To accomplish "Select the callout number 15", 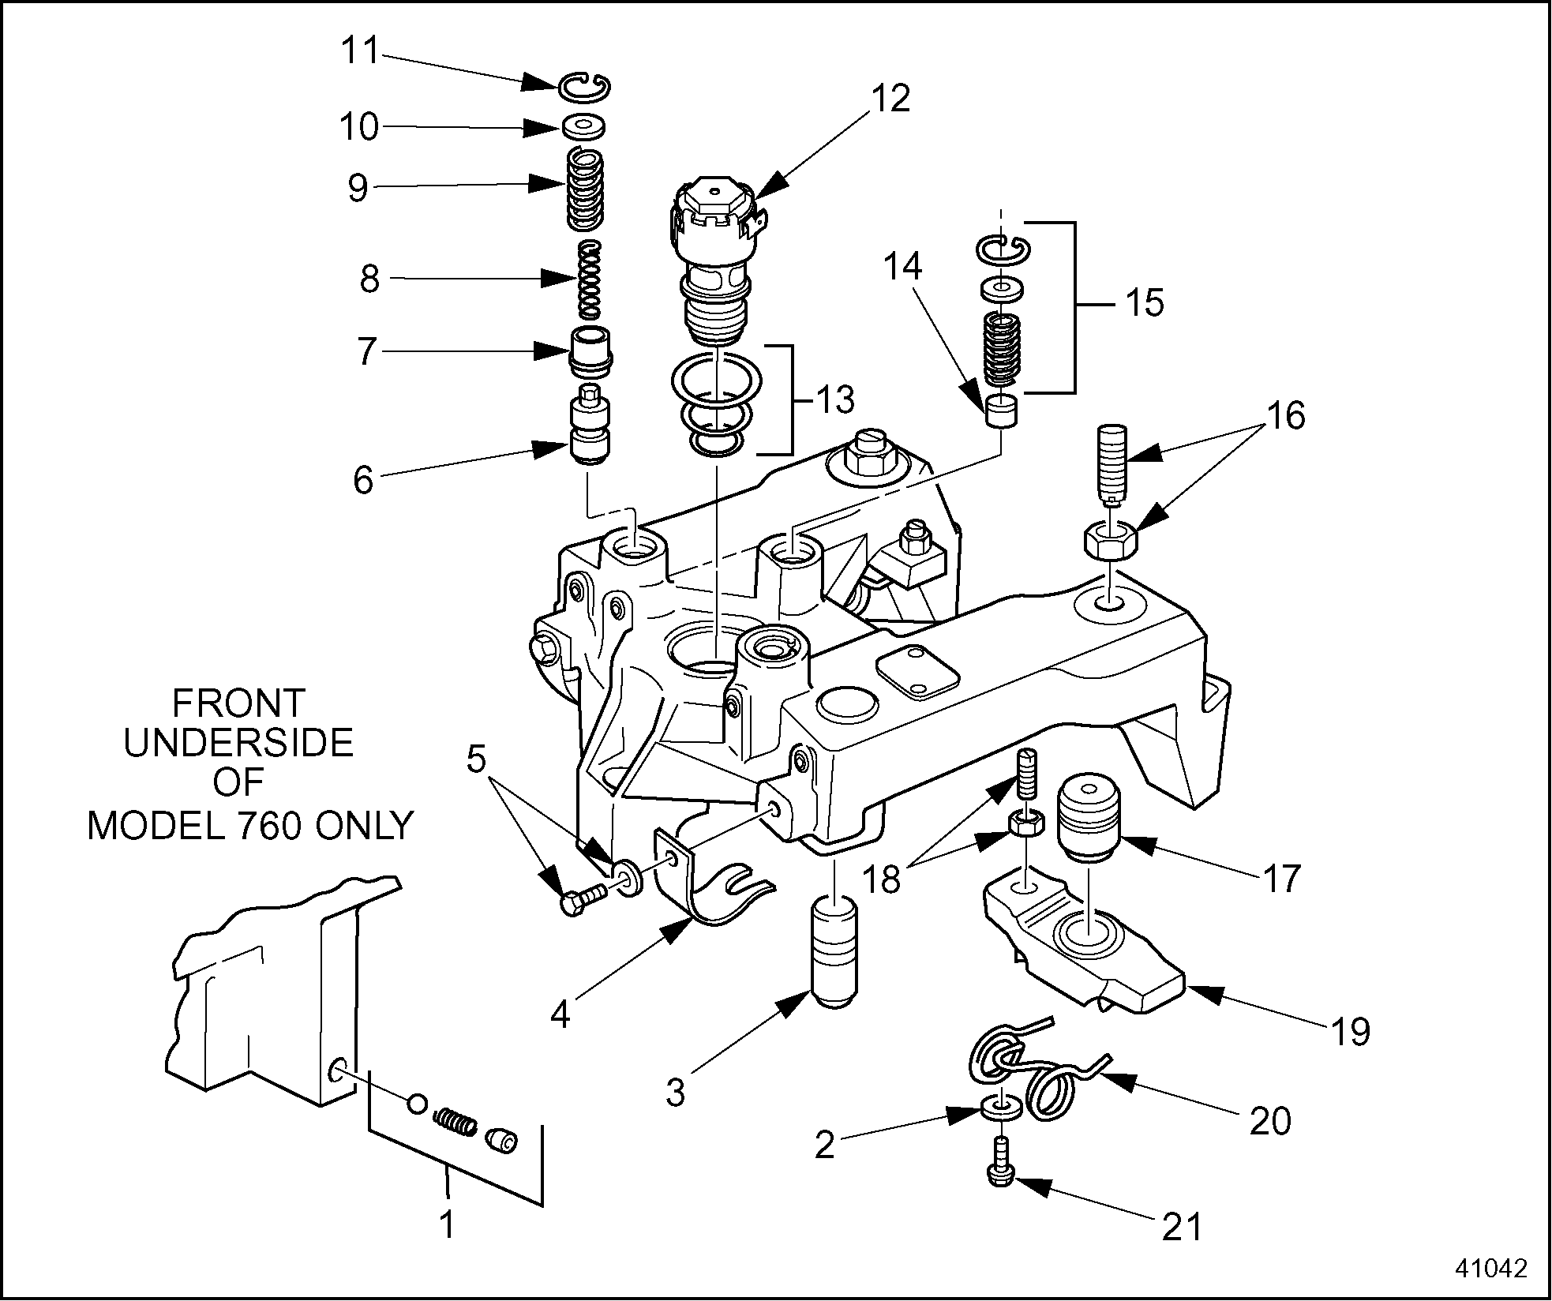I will [x=1143, y=303].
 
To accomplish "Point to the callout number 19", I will [x=1350, y=1031].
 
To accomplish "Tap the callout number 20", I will [x=1269, y=1120].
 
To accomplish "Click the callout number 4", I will [x=560, y=1014].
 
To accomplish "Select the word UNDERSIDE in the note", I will [x=239, y=743].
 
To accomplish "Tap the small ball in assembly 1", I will [x=418, y=1103].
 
